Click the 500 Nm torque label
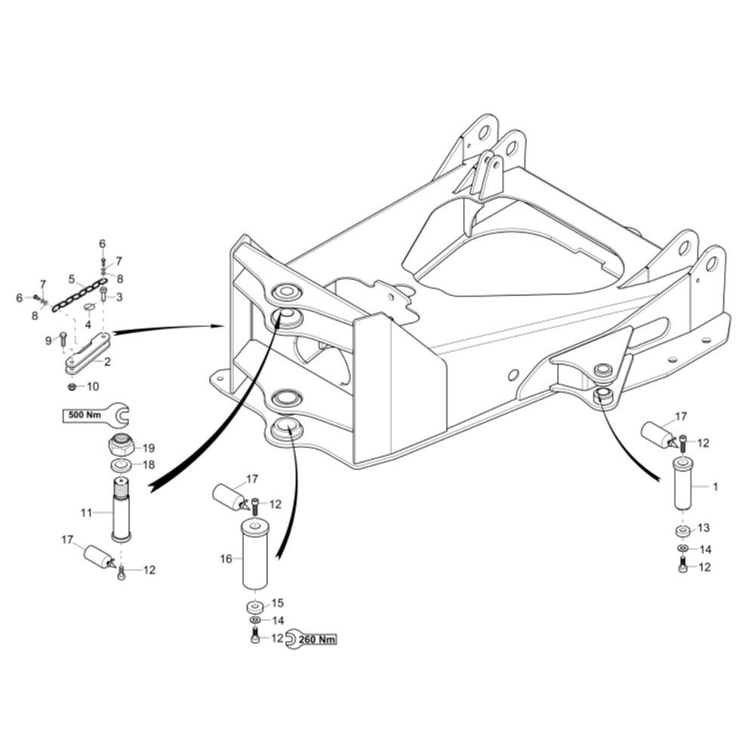(84, 414)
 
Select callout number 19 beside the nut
(149, 448)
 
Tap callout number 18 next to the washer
(149, 465)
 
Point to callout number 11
(86, 513)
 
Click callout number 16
(226, 559)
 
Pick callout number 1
(715, 487)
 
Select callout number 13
(704, 528)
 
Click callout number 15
(278, 602)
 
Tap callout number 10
(93, 387)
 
